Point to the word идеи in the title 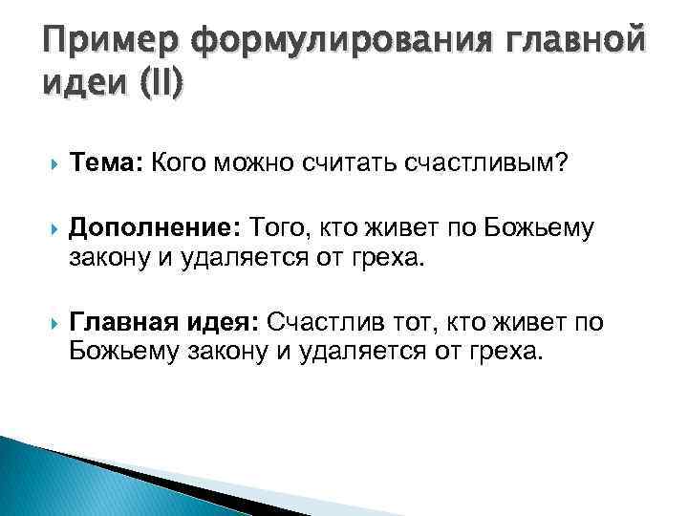[x=85, y=86]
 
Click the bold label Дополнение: [x=155, y=228]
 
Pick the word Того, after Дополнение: [x=277, y=228]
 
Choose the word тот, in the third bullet [x=407, y=323]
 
